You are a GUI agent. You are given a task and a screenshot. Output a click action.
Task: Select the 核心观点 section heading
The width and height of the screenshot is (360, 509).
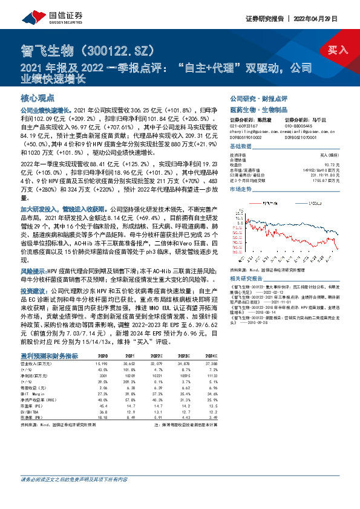38,98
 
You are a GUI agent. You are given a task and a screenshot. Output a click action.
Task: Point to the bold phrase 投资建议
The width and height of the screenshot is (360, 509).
34,291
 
